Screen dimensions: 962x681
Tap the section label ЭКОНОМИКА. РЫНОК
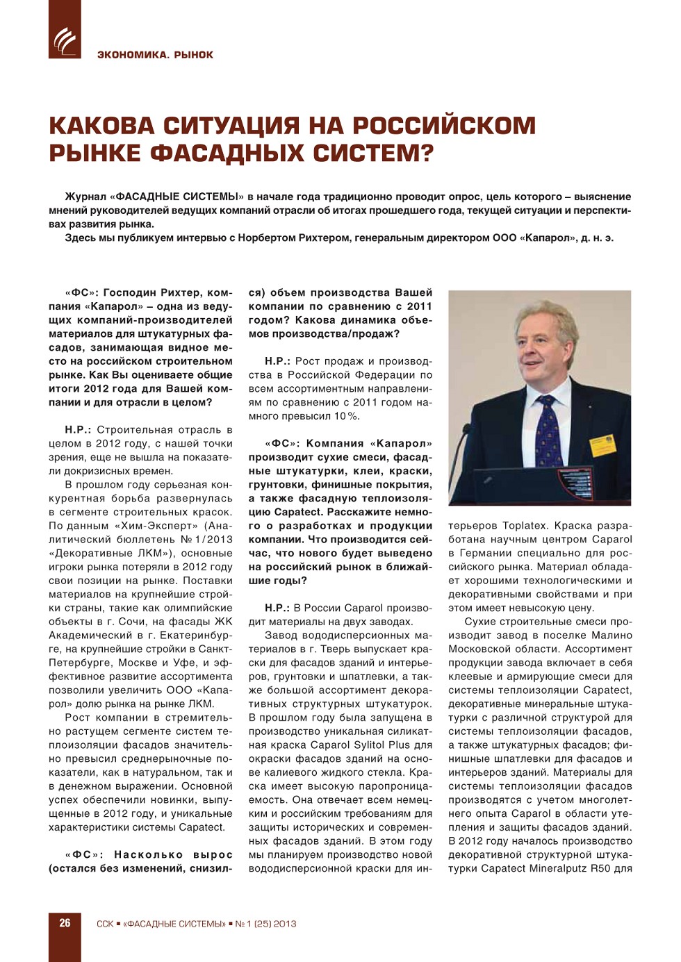[155, 55]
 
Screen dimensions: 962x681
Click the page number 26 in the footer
[65, 923]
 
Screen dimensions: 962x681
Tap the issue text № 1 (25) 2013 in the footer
[266, 924]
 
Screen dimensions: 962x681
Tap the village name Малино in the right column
[612, 636]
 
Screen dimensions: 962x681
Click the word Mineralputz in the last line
[563, 868]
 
